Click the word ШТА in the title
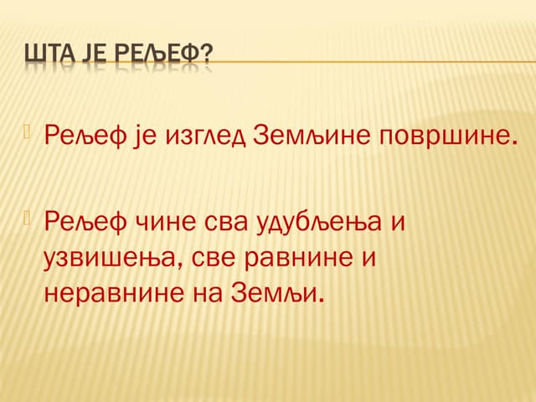[x=48, y=55]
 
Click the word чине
[x=167, y=223]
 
